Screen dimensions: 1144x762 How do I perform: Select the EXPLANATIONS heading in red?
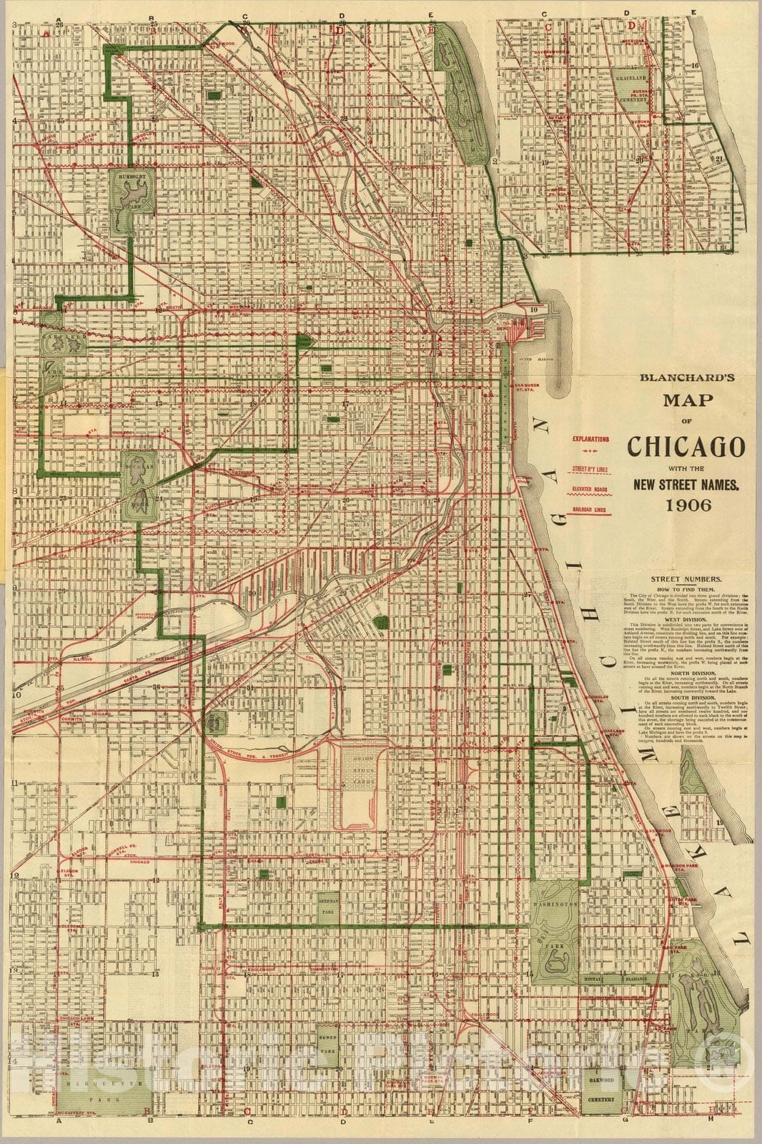point(590,439)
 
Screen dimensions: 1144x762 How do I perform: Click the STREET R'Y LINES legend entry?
point(590,470)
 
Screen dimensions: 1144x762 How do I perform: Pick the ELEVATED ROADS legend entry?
point(590,489)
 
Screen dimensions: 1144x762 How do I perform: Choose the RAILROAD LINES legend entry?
point(590,509)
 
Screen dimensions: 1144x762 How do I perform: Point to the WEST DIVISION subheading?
point(686,619)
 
